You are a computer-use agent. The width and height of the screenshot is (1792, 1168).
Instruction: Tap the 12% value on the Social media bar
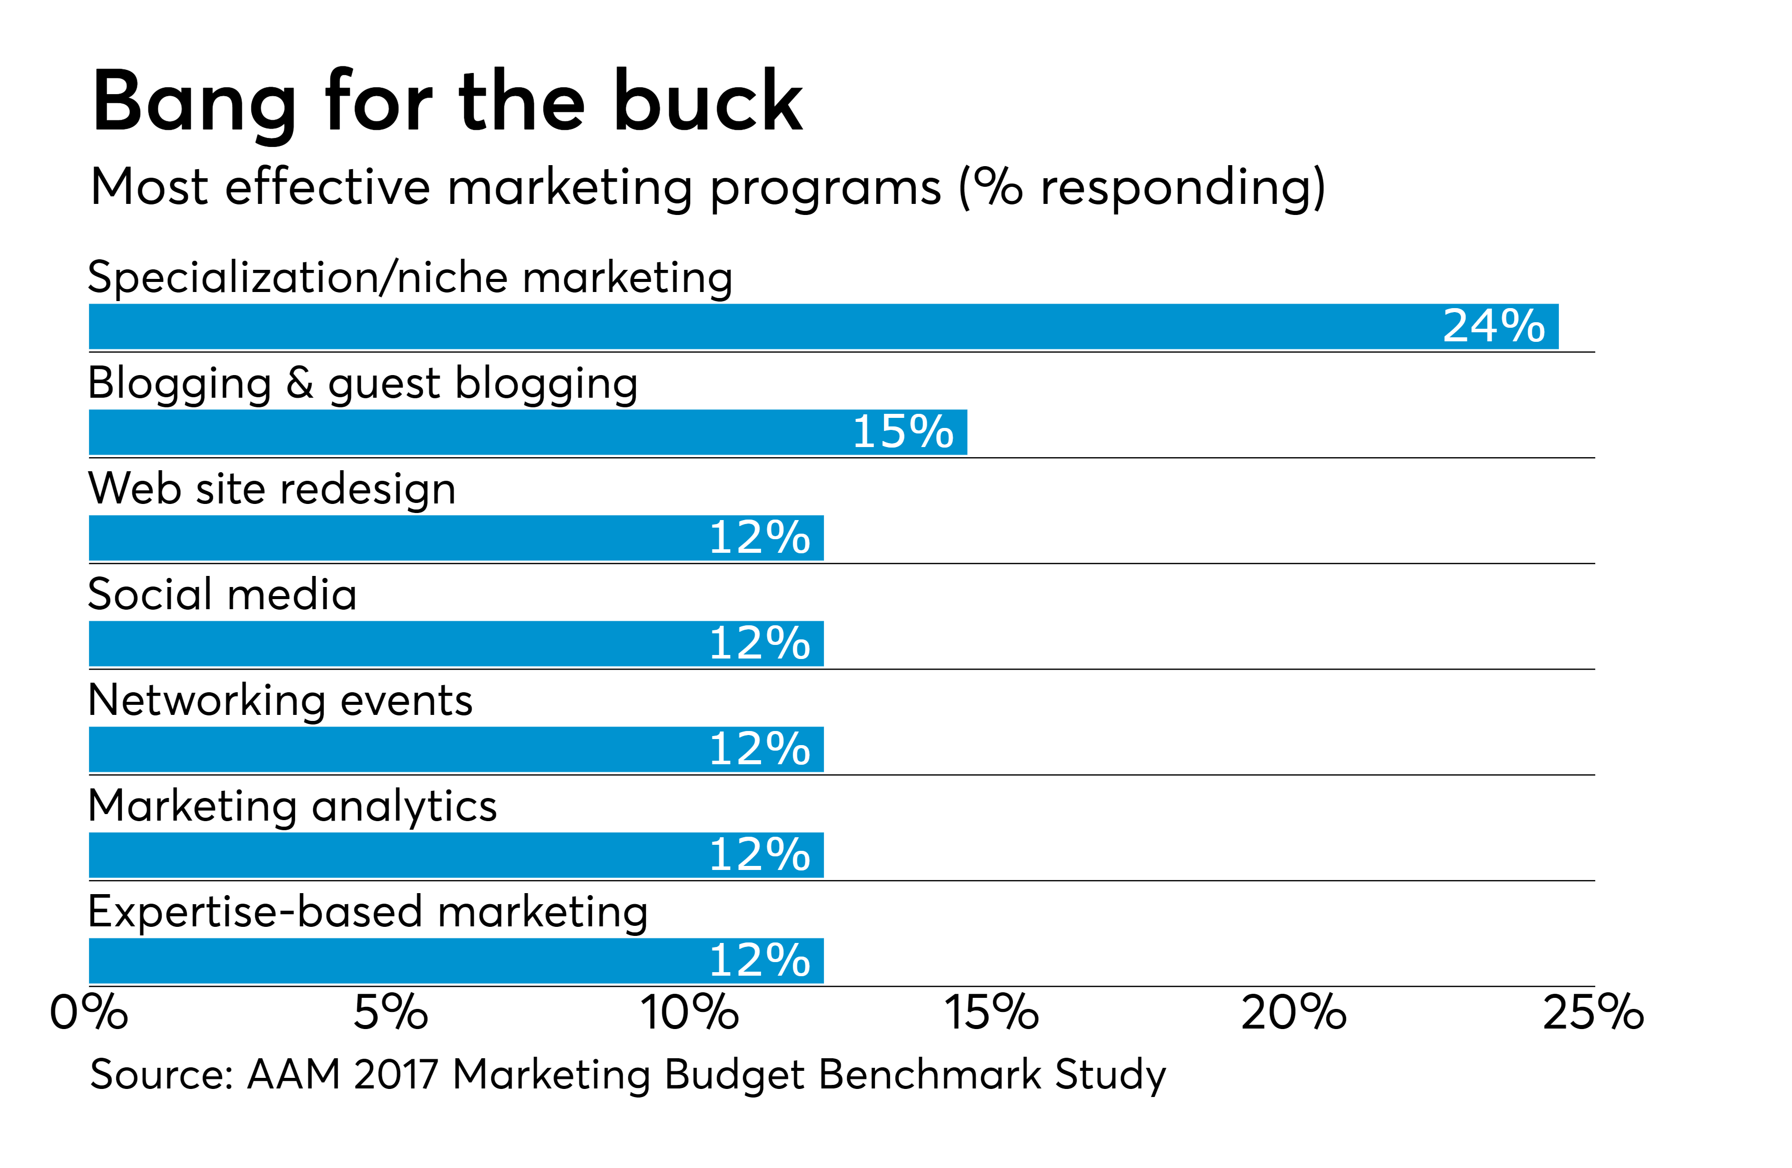(x=759, y=644)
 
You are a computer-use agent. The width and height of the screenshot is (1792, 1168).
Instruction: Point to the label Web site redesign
(x=272, y=489)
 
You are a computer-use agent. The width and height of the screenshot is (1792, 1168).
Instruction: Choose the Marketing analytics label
(x=292, y=807)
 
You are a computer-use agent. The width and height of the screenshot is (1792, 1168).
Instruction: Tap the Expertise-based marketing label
(x=367, y=912)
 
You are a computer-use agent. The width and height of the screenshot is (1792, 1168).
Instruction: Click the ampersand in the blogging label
(x=300, y=383)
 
